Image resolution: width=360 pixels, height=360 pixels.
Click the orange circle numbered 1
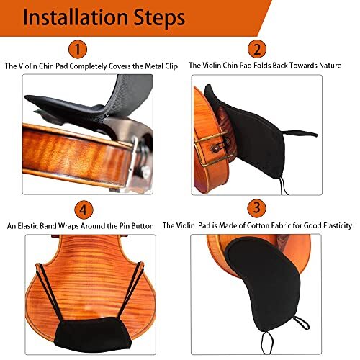click(x=78, y=49)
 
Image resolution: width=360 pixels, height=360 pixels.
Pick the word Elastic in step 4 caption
click(x=43, y=225)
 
